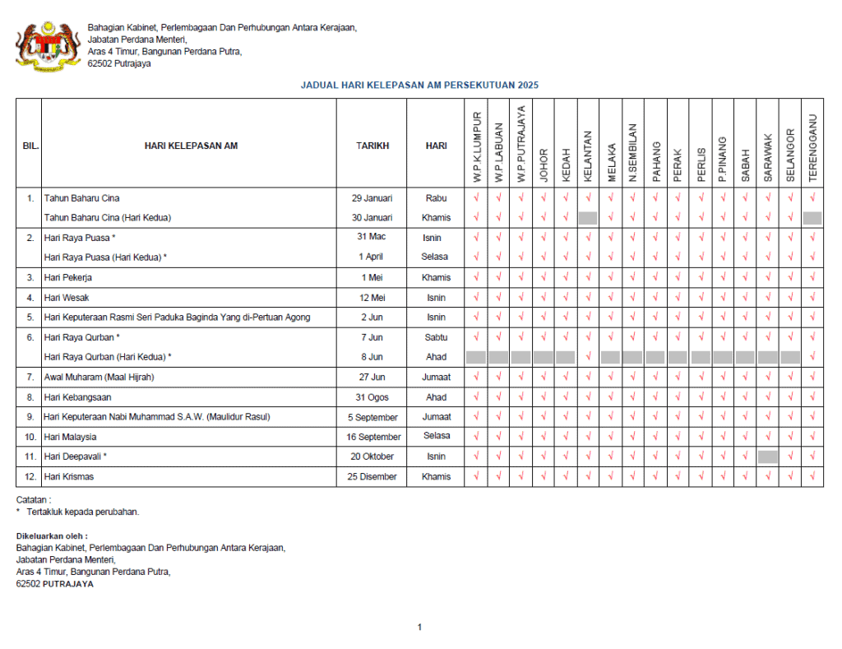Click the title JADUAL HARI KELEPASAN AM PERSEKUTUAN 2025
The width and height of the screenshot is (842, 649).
pos(419,85)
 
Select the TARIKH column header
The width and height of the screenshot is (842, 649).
pos(372,146)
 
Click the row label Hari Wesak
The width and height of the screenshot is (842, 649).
pos(67,298)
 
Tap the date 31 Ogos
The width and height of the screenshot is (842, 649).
pos(372,397)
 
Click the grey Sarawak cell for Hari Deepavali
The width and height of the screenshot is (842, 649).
pos(768,457)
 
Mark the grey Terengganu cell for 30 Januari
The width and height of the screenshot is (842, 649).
pos(812,218)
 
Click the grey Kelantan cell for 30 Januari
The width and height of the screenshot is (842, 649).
pos(588,218)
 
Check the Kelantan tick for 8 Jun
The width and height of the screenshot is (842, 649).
pos(588,357)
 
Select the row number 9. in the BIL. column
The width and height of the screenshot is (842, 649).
pos(30,417)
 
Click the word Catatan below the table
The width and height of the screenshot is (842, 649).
pos(34,499)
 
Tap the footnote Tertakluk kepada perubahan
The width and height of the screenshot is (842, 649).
pos(83,512)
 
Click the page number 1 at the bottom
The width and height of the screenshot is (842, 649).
pos(419,628)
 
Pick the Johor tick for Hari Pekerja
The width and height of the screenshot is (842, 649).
pos(543,278)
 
